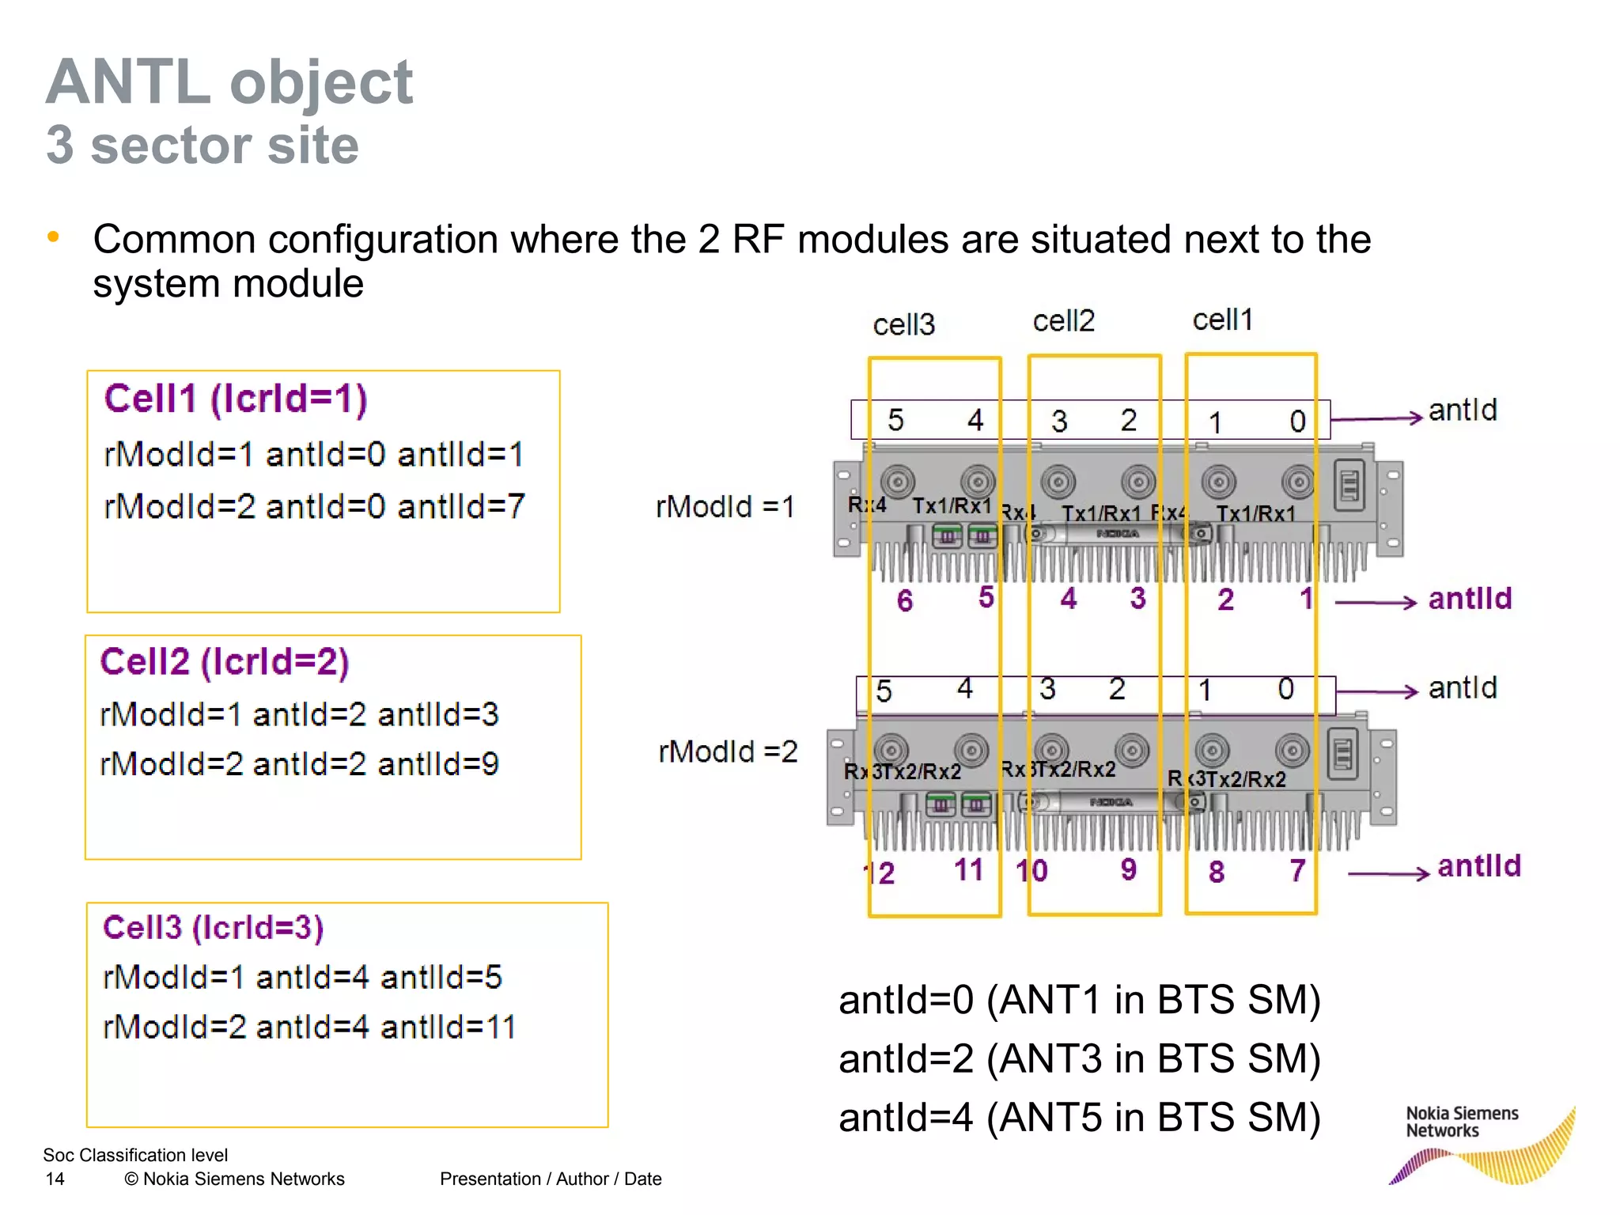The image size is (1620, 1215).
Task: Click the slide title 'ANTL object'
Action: coord(229,82)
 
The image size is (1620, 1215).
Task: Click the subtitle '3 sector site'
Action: coord(202,146)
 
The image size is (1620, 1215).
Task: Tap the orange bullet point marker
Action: coord(53,237)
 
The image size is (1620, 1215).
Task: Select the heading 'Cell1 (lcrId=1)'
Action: coord(236,399)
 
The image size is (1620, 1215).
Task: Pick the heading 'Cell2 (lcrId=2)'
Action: coord(225,662)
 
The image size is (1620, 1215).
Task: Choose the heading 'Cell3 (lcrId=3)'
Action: coord(214,928)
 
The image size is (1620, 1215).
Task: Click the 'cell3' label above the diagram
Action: coord(903,324)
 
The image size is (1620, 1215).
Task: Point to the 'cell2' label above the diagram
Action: coord(1063,321)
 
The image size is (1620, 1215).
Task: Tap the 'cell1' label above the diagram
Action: coord(1222,320)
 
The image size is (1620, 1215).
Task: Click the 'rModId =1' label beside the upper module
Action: coord(725,506)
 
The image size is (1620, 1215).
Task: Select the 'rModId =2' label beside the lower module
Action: coord(728,751)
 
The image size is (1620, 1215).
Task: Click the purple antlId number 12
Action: coord(880,873)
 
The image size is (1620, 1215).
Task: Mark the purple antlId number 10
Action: coord(1031,871)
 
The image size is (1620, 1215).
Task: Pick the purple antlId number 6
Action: coord(905,600)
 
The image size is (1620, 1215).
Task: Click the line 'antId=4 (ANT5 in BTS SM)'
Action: coord(1079,1118)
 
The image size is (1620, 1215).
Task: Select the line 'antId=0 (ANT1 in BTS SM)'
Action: coord(1079,1000)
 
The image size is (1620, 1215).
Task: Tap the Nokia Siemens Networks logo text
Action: coord(1461,1122)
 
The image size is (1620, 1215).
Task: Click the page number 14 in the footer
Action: coord(55,1179)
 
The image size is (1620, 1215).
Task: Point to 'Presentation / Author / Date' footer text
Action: coord(551,1179)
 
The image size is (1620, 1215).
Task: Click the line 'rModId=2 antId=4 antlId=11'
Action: coord(309,1028)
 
